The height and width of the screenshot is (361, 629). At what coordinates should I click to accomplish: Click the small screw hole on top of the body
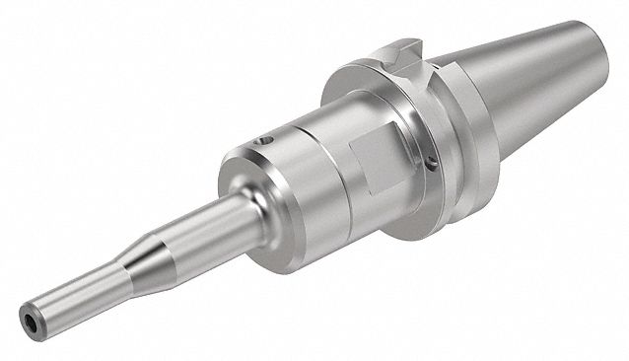[265, 145]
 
